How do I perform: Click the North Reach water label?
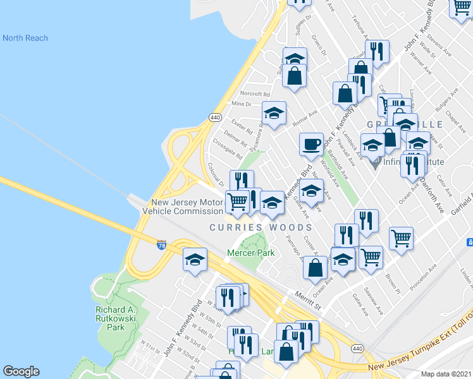point(25,38)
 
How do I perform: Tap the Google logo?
point(21,371)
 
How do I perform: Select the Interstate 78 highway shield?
point(163,244)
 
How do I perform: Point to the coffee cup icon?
point(311,144)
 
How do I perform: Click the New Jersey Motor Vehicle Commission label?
point(187,207)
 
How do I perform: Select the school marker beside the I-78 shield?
point(195,259)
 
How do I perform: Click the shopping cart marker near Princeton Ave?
point(401,239)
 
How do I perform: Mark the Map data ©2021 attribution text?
point(446,374)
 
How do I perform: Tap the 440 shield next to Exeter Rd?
point(214,117)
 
